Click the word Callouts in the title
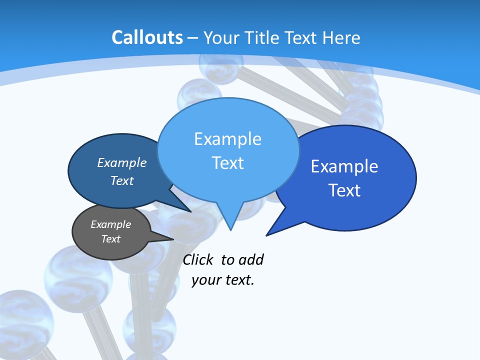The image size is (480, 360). tap(147, 37)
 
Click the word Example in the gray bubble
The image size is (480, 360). tap(110, 224)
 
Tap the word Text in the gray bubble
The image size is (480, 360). tap(110, 239)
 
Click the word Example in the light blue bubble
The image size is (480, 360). tap(227, 139)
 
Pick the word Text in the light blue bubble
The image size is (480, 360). tap(227, 163)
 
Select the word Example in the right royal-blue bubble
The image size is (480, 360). tap(344, 166)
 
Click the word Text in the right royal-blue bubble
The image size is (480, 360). tap(344, 190)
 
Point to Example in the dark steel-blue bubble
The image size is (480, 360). tap(121, 163)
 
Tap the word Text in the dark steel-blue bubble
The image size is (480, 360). tap(121, 180)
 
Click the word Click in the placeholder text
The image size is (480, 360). tap(197, 260)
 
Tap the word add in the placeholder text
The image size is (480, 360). tap(251, 260)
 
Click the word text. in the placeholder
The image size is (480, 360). tap(239, 280)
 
